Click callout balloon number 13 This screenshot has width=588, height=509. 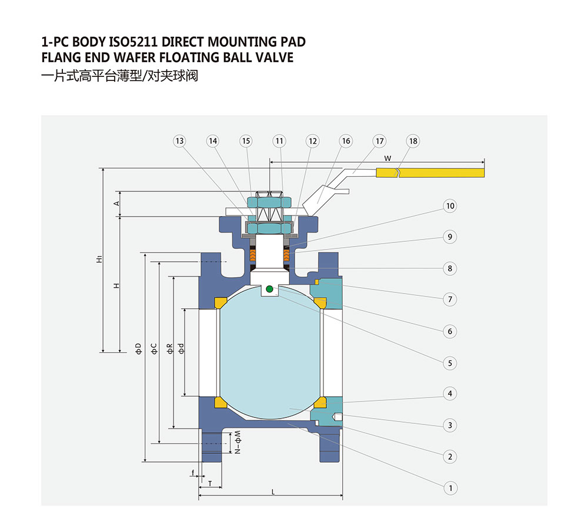point(179,141)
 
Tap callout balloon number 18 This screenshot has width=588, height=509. point(413,141)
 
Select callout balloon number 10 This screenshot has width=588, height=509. point(450,206)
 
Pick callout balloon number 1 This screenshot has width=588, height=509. point(450,488)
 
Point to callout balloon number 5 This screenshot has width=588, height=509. point(450,363)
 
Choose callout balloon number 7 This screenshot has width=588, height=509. point(450,299)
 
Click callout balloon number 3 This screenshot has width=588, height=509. point(450,425)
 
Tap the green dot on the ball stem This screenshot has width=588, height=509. point(269,288)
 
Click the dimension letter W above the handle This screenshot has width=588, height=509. point(387,158)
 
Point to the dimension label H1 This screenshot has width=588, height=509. point(100,259)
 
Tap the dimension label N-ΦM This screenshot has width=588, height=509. point(238,445)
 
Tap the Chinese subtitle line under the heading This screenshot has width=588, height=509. point(120,76)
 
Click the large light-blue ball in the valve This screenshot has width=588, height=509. point(270,352)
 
